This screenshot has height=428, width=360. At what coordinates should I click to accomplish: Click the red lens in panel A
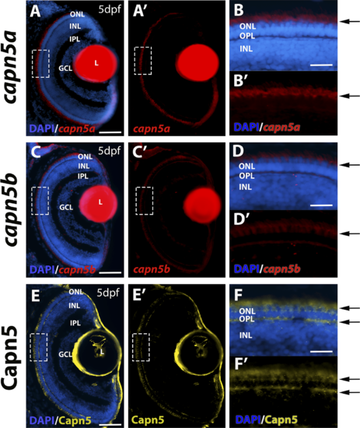point(96,63)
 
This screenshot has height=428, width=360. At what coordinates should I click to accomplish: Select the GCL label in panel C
point(66,208)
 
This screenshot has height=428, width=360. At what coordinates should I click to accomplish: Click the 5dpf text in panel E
point(108,293)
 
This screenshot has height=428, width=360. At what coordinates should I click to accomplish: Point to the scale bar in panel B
point(321,65)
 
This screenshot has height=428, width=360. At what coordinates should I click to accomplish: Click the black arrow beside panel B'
point(351,96)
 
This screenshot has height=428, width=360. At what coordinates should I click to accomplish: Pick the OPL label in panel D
point(246,176)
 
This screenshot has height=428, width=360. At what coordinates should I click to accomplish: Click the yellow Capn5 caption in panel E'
point(148,420)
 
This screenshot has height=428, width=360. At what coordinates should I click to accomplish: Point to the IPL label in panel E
point(75,323)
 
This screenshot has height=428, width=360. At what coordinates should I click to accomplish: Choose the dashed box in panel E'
point(132,347)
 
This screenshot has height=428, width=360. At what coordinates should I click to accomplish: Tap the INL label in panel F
point(246,335)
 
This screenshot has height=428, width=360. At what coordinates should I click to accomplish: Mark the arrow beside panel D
point(351,165)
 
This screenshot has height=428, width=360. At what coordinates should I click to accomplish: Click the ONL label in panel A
point(78,14)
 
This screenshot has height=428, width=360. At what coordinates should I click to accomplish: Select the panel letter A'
point(140,12)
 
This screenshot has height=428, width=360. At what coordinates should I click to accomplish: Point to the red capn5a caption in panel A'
point(152,128)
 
